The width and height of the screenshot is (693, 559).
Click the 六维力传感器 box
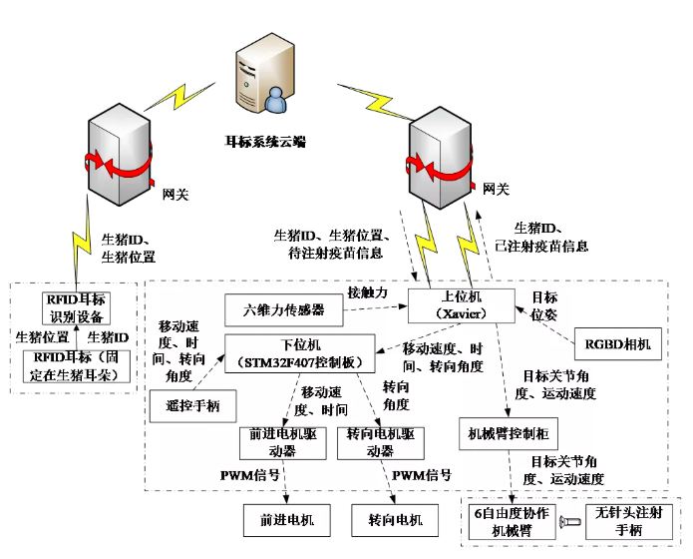[284, 310]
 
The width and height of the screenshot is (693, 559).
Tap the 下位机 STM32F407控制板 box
[299, 352]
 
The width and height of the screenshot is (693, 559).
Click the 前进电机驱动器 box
[283, 443]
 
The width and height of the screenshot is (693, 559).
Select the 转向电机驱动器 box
[374, 443]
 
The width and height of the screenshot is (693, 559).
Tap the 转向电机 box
[388, 520]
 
